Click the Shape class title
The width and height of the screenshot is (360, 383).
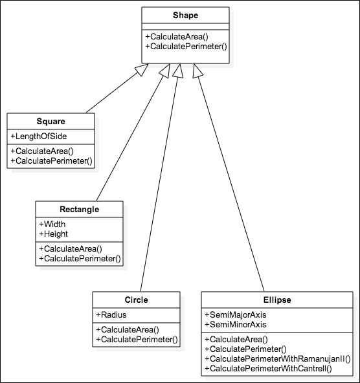(185, 15)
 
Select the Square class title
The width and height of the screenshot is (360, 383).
(51, 121)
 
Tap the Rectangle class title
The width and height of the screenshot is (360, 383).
(80, 210)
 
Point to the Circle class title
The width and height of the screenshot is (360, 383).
(137, 300)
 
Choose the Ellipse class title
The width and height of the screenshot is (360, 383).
(277, 300)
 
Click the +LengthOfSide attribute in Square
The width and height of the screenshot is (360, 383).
(39, 136)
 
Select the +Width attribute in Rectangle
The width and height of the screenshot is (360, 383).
(52, 224)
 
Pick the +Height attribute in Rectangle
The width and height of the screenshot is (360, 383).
(54, 234)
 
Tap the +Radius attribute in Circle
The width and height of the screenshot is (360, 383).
(111, 314)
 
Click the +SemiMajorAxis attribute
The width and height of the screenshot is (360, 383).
(236, 314)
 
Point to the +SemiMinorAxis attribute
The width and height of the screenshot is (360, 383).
(236, 324)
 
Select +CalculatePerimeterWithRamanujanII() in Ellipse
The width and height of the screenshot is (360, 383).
(278, 358)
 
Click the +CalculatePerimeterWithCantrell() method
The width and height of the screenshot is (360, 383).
(268, 368)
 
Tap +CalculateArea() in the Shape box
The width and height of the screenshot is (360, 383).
(177, 37)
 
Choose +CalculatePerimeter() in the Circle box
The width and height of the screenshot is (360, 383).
(137, 339)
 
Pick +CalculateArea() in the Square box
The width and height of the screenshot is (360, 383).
(42, 151)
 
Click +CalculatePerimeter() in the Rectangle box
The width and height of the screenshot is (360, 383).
(80, 258)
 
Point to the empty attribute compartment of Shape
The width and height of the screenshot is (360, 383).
(185, 27)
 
